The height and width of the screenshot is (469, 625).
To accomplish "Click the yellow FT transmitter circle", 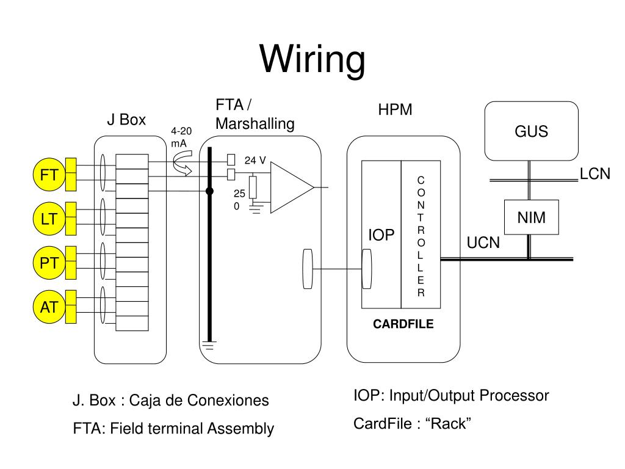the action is point(49,175).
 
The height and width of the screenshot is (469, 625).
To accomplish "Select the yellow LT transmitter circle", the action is point(49,219).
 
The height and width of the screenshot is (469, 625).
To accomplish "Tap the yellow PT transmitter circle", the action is point(49,263).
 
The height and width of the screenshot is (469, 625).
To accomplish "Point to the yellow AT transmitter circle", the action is point(49,307).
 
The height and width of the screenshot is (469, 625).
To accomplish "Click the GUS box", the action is point(532,131).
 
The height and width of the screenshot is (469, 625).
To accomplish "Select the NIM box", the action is point(532,217).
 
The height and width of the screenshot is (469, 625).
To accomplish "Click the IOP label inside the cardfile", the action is point(381,235).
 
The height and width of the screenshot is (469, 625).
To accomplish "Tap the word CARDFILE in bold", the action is point(403,324).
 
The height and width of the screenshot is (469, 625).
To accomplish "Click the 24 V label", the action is point(255,161).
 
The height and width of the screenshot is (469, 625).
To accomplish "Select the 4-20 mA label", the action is point(181,137).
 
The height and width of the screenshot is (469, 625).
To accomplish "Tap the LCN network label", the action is point(594,174).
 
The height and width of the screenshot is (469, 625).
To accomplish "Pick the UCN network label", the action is point(483,242).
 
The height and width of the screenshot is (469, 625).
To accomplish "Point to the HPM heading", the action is point(395,109).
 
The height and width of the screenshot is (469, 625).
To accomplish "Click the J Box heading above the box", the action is point(126,120).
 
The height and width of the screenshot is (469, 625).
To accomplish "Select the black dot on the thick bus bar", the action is point(209,191).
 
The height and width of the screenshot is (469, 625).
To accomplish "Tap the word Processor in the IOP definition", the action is point(514,396).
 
